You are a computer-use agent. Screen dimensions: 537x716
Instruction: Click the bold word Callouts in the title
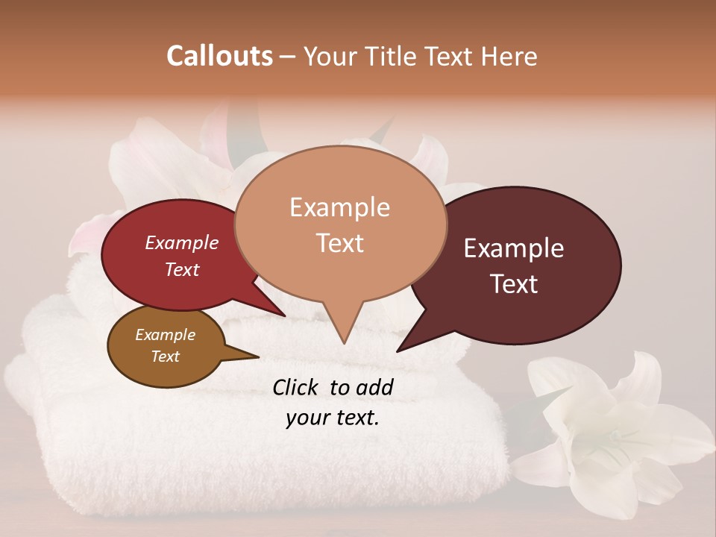point(219,56)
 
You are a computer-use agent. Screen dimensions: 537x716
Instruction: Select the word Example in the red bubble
point(182,242)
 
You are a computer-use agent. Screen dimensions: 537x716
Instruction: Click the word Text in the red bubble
point(182,269)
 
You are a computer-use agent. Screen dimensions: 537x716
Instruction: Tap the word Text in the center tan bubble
point(339,242)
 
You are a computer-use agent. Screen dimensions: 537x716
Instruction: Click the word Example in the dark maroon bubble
point(514,248)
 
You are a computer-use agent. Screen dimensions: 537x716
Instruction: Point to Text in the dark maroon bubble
point(514,283)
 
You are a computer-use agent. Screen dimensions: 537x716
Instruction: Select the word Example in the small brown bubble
point(165,335)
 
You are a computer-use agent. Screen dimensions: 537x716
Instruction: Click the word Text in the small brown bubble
point(165,356)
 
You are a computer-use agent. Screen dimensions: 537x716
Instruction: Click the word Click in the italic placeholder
point(297,386)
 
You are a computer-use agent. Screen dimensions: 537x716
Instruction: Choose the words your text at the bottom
point(332,418)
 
